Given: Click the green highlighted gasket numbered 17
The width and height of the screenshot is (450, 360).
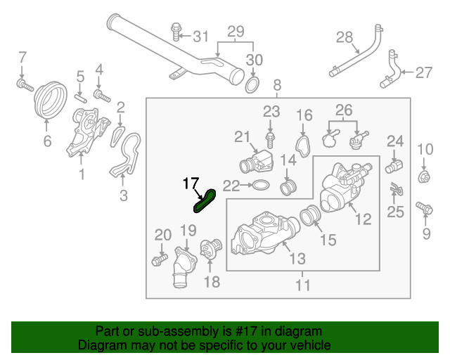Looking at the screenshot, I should point(204,202).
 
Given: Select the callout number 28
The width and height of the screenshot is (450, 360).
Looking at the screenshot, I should point(344,37).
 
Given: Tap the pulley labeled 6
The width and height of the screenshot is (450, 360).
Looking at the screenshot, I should point(49,102).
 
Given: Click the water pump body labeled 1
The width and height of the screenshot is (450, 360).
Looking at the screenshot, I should point(82,134).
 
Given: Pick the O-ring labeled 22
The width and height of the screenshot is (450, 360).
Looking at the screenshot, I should point(259,186).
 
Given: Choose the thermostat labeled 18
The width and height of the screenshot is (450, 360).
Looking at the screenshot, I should point(210,251).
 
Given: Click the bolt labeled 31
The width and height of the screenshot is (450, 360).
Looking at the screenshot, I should point(176,30).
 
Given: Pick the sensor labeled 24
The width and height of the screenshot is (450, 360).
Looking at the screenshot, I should point(394,167).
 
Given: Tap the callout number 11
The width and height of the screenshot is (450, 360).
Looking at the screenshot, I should point(303,285).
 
